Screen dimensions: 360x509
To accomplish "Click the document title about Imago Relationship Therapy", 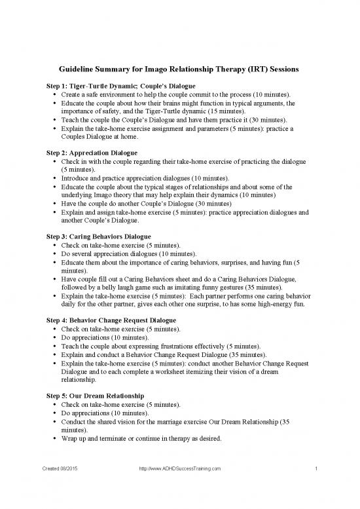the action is point(180,70).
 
